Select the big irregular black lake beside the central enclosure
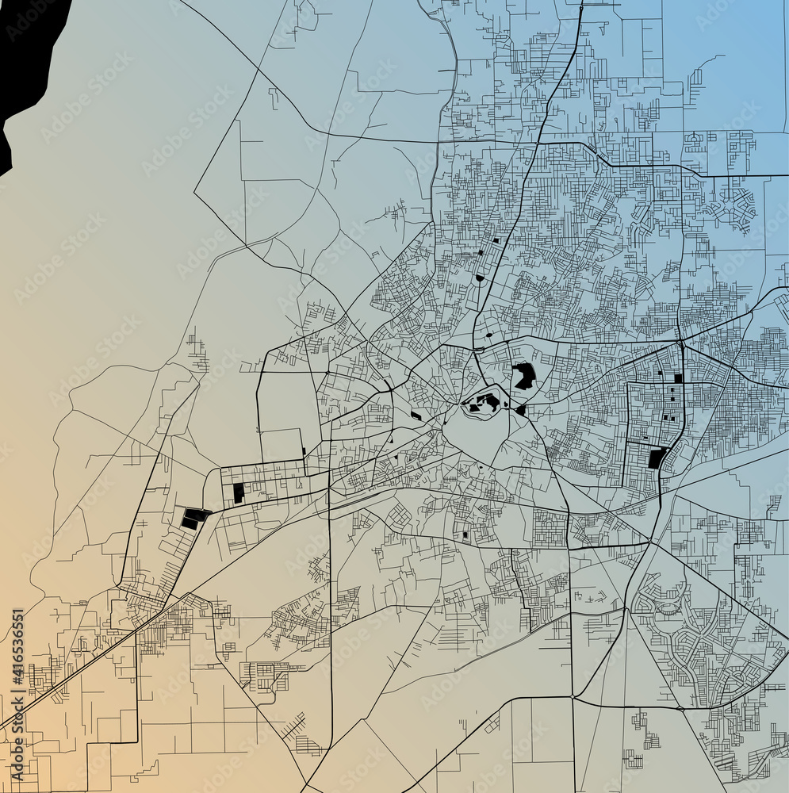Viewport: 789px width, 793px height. [523, 376]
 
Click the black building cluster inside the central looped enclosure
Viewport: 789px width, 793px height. [484, 403]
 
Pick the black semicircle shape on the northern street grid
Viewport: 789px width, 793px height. [480, 278]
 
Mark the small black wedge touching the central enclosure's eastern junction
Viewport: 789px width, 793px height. [521, 410]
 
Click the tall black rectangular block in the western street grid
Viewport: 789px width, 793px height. [239, 492]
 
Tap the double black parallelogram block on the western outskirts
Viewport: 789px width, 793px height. [193, 519]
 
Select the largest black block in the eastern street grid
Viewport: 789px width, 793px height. [657, 458]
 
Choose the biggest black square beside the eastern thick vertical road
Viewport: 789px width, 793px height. [678, 378]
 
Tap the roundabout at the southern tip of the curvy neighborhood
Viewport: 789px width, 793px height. [680, 707]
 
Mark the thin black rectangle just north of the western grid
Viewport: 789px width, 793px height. [304, 453]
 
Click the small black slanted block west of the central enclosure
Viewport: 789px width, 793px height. [416, 416]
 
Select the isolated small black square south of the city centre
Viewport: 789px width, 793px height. [465, 534]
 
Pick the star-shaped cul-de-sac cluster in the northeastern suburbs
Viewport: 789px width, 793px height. [733, 206]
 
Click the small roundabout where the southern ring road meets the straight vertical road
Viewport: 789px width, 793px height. [572, 696]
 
